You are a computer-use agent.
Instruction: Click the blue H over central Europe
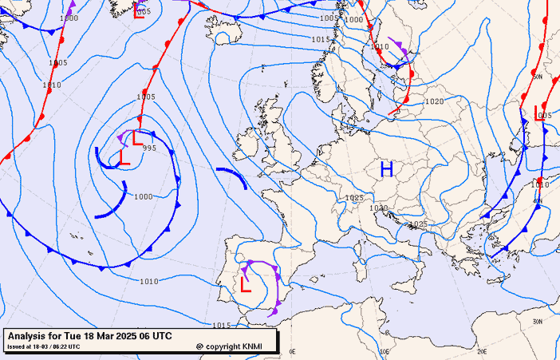tap(387, 168)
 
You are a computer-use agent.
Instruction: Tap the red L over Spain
tap(246, 284)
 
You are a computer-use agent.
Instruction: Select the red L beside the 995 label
tap(124, 157)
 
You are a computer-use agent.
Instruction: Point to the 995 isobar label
tap(149, 148)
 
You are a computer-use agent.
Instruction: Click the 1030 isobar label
tap(379, 208)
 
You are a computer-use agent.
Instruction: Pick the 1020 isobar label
tap(434, 101)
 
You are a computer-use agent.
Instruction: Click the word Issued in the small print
tap(16, 346)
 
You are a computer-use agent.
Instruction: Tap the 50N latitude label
tap(538, 77)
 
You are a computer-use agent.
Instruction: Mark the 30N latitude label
tap(538, 321)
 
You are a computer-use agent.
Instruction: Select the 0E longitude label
tap(292, 351)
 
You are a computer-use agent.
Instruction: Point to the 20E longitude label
tap(481, 351)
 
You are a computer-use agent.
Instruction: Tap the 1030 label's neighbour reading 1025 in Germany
tap(354, 198)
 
